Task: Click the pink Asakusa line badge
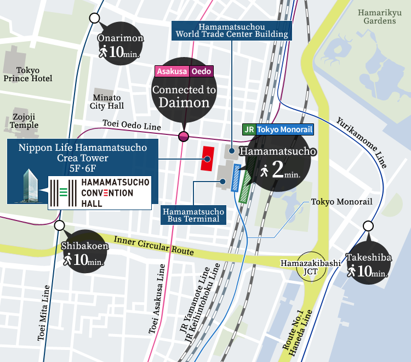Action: [x=173, y=71]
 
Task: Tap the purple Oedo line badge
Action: [x=201, y=71]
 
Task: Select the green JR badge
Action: [x=249, y=130]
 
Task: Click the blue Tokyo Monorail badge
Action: [x=285, y=130]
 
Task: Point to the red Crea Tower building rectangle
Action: [x=208, y=159]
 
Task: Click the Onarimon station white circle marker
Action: [x=94, y=18]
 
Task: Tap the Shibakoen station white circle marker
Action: [x=60, y=225]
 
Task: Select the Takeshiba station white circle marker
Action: [x=368, y=225]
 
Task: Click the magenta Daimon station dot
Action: [x=184, y=137]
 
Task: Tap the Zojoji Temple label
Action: [x=24, y=121]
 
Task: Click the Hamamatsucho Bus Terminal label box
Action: [x=193, y=215]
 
